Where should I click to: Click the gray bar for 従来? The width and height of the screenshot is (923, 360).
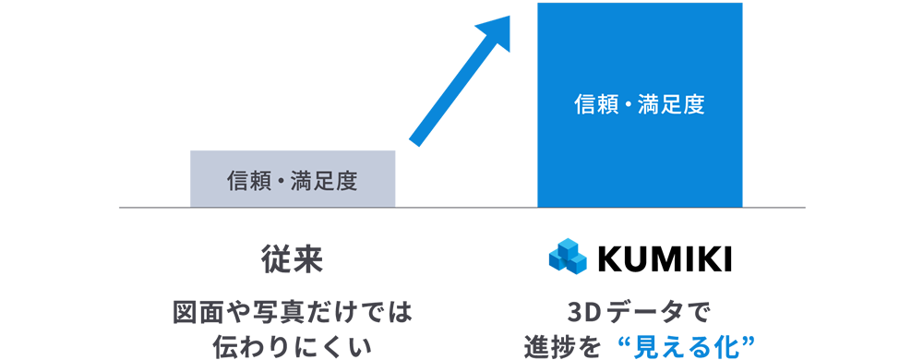point(293,179)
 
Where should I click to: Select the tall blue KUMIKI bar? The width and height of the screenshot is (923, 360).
point(640,104)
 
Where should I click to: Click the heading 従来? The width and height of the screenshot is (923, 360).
point(292,259)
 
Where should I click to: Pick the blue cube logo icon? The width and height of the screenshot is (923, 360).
point(568,257)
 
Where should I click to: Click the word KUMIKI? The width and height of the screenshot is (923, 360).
point(665,258)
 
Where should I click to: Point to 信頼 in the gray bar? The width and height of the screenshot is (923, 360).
point(245,181)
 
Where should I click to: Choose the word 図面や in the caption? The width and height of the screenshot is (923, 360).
point(209,312)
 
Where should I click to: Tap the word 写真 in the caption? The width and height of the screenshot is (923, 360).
point(270,312)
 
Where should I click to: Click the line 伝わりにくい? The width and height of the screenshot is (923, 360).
point(292,346)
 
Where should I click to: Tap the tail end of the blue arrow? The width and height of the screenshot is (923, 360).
point(415,141)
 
